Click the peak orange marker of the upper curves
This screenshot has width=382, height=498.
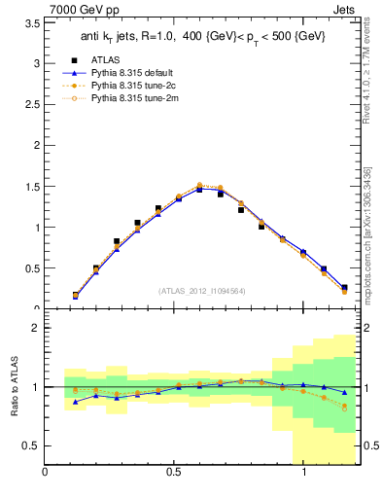(x=199, y=185)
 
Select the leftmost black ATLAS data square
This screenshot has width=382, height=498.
(x=76, y=295)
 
